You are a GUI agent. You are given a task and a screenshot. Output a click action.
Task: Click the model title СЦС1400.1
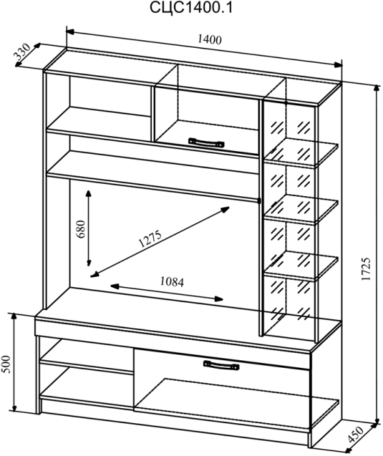pyautogui.click(x=191, y=8)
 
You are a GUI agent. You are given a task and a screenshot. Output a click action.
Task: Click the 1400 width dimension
pyautogui.click(x=209, y=39)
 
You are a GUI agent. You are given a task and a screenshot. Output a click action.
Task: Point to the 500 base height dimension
pyautogui.click(x=6, y=364)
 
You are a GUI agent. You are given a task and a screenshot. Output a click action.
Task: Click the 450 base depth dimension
pyautogui.click(x=356, y=434)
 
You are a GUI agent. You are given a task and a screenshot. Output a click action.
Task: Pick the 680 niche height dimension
pyautogui.click(x=81, y=229)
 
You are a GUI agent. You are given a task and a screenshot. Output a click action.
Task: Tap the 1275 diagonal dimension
pyautogui.click(x=150, y=239)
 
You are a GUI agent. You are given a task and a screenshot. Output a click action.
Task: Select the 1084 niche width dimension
pyautogui.click(x=172, y=282)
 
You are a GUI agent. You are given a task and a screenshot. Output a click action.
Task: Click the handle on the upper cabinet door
pyautogui.click(x=207, y=142)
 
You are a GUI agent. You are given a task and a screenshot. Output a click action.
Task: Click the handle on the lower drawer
pyautogui.click(x=221, y=365)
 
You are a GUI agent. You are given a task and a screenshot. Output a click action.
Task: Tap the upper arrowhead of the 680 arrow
pyautogui.click(x=88, y=193)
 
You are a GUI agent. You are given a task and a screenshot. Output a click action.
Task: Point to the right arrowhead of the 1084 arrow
pyautogui.click(x=219, y=299)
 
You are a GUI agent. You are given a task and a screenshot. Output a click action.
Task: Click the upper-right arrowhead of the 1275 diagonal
pyautogui.click(x=225, y=209)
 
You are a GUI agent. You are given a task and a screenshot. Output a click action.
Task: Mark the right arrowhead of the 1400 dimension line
pyautogui.click(x=338, y=65)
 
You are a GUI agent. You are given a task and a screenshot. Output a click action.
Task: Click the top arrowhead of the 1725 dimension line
pyautogui.click(x=378, y=90)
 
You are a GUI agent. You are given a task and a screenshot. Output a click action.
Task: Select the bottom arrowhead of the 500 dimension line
pyautogui.click(x=14, y=407)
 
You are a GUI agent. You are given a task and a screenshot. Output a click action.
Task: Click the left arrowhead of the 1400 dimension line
pyautogui.click(x=71, y=31)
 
